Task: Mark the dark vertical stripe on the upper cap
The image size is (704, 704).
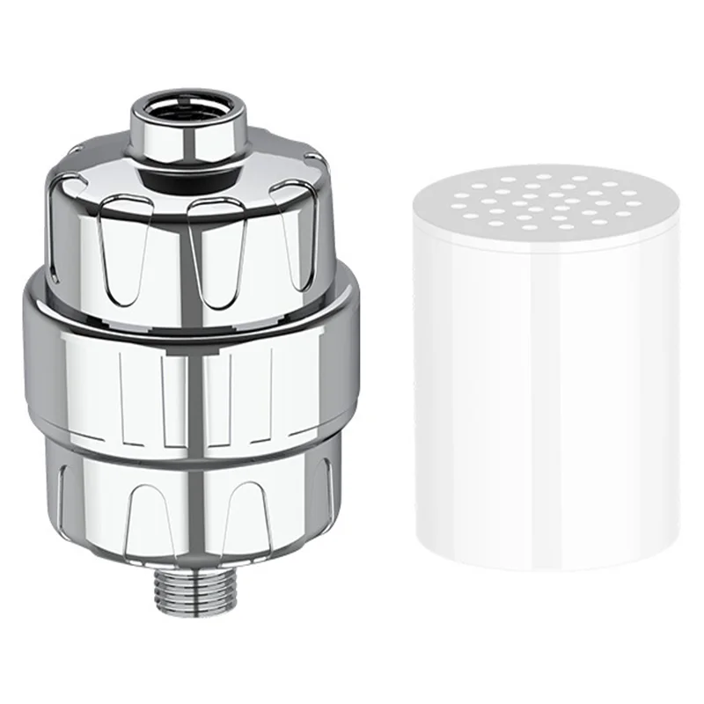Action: coord(186,255)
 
